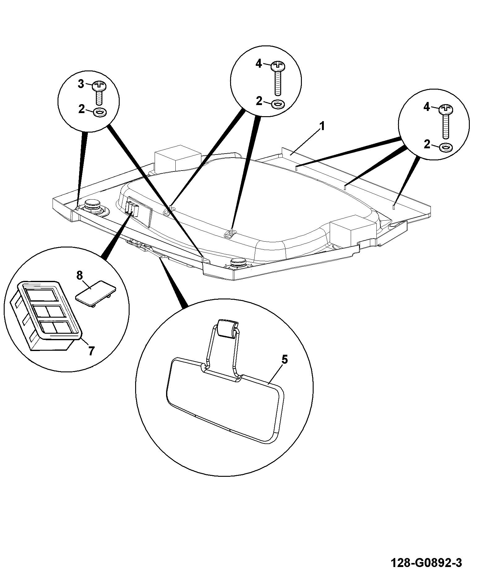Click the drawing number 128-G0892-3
427,563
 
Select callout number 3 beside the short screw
81,84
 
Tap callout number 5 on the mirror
284,360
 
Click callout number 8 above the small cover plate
80,275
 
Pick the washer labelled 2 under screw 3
100,112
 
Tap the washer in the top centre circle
278,104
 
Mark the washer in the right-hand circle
446,147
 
